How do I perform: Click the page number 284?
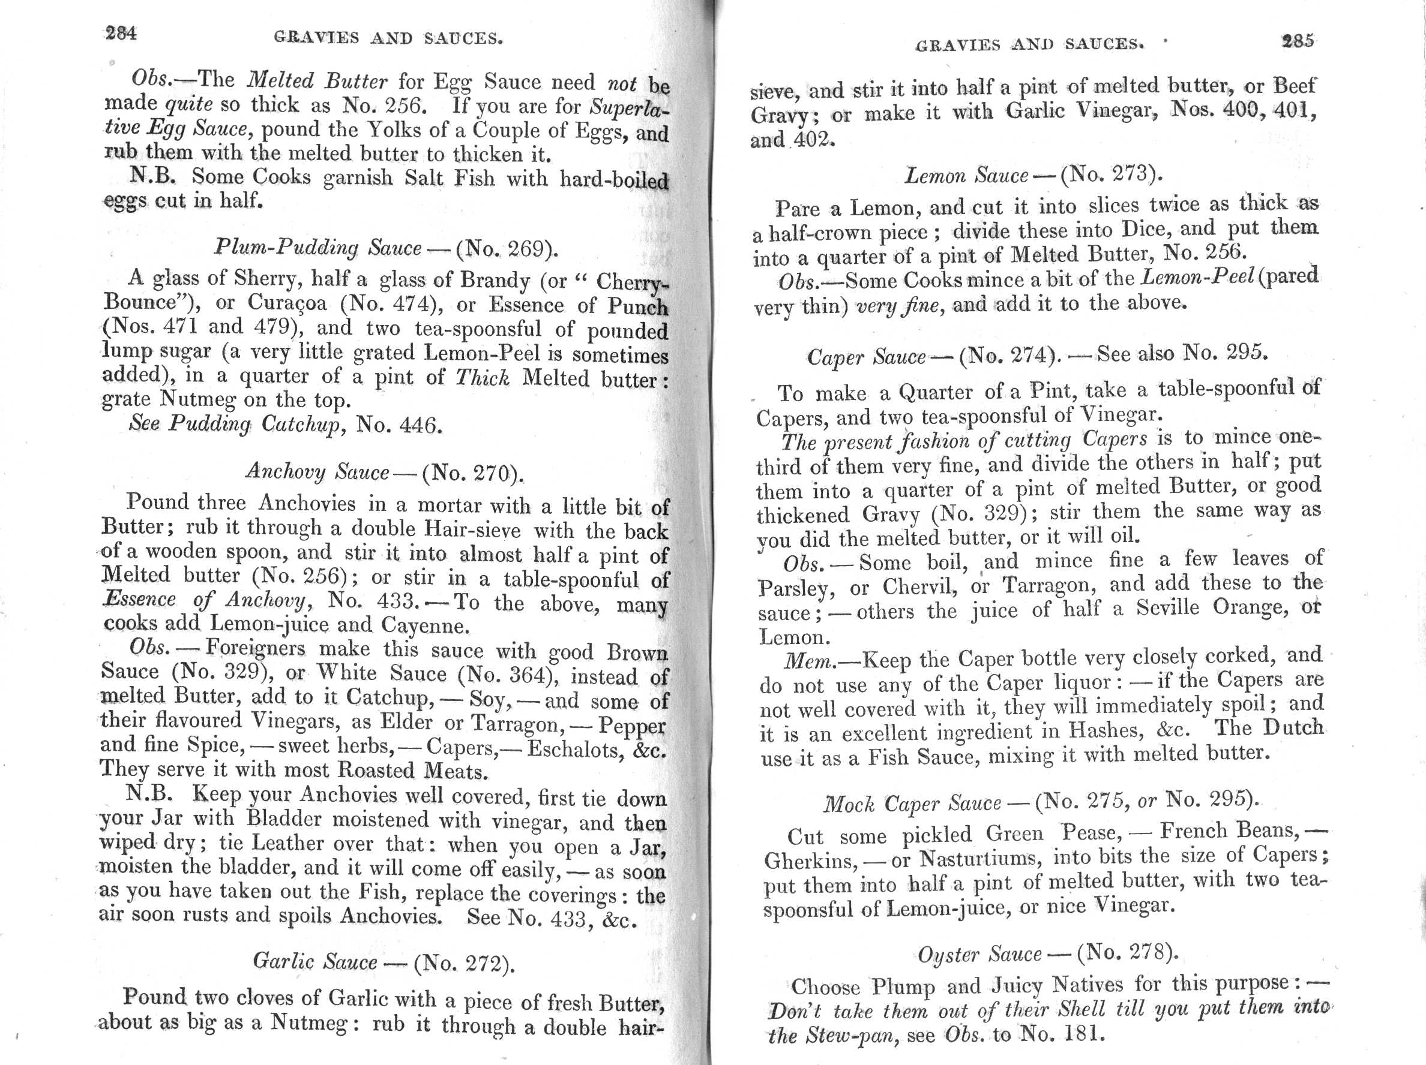coord(121,34)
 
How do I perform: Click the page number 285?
coord(1297,41)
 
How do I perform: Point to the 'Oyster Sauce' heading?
coord(979,953)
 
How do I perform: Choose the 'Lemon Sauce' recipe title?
coord(966,175)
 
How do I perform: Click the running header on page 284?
coord(388,38)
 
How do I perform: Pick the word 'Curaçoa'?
coord(288,303)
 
